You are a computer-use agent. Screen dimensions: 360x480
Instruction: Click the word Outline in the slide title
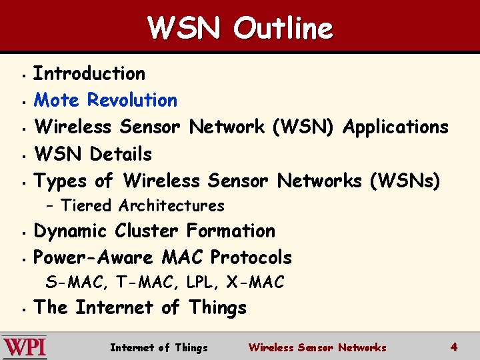(283, 28)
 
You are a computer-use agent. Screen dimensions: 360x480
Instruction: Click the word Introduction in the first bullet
(89, 73)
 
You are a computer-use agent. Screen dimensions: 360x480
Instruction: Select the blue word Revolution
(132, 100)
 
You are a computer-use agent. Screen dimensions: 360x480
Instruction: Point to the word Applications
(395, 127)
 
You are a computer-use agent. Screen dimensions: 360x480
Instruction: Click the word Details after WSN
(121, 154)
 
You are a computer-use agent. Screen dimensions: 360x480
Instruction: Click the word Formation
(231, 231)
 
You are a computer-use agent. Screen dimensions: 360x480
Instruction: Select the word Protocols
(251, 257)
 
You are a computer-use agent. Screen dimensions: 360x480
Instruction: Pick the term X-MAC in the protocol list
(255, 283)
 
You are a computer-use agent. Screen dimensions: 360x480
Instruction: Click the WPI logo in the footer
(25, 347)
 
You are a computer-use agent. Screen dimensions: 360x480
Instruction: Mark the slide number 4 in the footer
(454, 347)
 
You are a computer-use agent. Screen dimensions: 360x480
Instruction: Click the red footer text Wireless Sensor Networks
(317, 347)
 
